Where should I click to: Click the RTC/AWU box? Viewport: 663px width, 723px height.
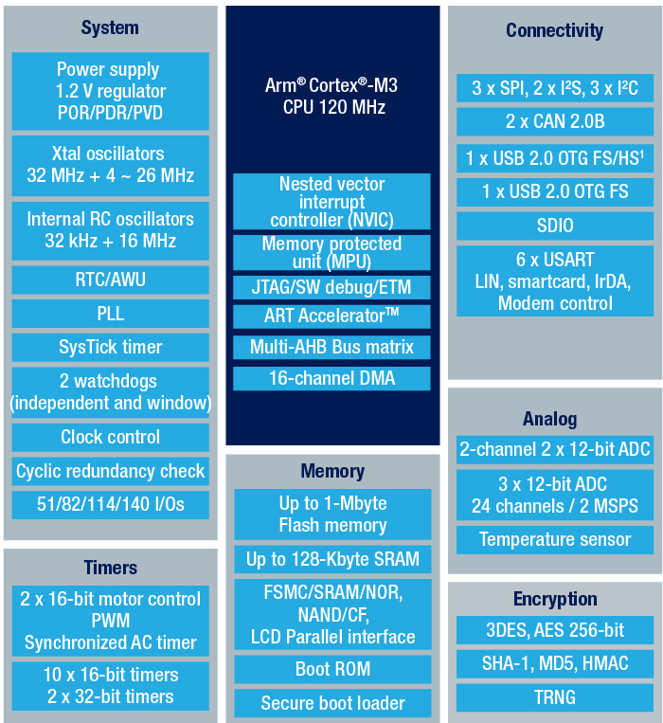(110, 280)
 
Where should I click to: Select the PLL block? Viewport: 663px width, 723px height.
(110, 314)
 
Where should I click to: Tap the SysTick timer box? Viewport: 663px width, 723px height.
(110, 347)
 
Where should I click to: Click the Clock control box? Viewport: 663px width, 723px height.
(110, 437)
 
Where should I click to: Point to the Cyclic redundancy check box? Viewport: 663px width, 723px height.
(110, 471)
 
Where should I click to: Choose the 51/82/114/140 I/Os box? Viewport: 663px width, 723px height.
(110, 505)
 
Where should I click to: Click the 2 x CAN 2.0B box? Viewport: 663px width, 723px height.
(555, 121)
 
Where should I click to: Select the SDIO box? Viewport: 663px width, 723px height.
(555, 226)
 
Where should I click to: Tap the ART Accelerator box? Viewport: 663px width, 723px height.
(331, 316)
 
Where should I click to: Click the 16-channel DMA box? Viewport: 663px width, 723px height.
(331, 379)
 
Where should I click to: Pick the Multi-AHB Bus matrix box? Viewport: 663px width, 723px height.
(331, 347)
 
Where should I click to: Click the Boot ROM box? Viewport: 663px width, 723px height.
(332, 669)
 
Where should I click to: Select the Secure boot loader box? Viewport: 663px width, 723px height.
(332, 703)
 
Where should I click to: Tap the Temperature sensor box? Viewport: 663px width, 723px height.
(555, 540)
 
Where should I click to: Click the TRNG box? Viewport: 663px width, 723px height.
(555, 697)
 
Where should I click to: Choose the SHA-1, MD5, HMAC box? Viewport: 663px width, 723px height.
(555, 664)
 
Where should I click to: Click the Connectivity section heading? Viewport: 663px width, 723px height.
(555, 31)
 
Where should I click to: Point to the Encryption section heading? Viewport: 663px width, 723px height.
(555, 600)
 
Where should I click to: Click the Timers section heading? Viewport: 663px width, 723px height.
(111, 568)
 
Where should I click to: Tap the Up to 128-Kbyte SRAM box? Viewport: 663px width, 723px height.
(332, 559)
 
